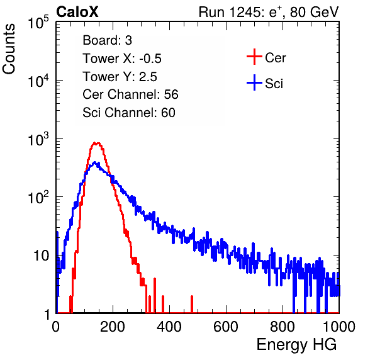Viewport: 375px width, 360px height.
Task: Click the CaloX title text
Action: [77, 12]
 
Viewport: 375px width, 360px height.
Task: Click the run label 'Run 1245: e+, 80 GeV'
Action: [269, 12]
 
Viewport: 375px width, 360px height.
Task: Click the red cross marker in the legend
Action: [254, 57]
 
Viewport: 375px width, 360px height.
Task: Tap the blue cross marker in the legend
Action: [254, 83]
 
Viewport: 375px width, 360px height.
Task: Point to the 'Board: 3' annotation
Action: [107, 40]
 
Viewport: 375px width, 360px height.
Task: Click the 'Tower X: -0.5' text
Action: [122, 59]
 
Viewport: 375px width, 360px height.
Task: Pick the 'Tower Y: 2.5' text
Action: [120, 77]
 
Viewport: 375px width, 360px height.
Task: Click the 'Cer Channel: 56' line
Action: [130, 94]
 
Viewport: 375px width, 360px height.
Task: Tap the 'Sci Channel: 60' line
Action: [129, 113]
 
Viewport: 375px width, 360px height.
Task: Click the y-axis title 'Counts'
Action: [9, 49]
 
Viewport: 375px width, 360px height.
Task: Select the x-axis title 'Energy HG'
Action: [296, 345]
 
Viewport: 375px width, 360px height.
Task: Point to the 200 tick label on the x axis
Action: [113, 327]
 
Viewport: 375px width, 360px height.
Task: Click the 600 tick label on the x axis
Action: [226, 327]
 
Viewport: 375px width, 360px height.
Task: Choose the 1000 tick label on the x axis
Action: [339, 327]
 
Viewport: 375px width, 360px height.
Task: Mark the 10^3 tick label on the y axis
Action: [39, 140]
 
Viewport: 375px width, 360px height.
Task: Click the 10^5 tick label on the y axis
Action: [39, 23]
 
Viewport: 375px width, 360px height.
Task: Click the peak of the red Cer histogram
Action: [96, 143]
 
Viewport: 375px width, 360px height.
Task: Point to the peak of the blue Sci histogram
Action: [95, 162]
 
